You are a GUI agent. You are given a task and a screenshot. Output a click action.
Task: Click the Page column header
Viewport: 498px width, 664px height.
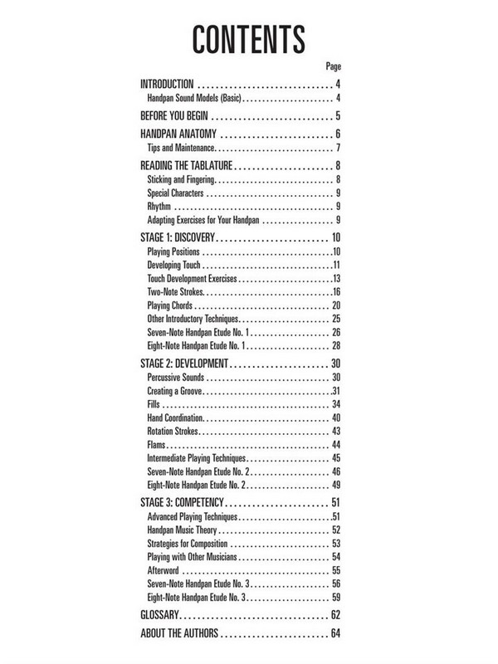click(334, 66)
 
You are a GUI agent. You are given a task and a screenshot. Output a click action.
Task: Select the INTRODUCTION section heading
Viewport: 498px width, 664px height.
click(167, 85)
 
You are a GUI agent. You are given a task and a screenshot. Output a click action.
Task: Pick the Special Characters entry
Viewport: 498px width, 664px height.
click(178, 193)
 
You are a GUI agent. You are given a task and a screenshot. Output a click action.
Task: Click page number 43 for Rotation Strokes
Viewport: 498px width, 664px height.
click(337, 432)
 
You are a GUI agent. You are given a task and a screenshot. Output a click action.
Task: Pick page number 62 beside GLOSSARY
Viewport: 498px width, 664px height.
click(335, 615)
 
